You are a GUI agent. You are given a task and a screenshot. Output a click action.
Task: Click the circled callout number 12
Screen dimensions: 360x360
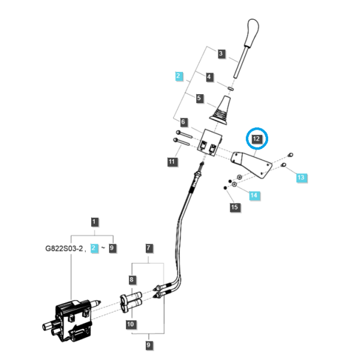pos(256,139)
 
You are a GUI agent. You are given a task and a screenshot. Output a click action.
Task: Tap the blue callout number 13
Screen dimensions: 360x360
pos(301,177)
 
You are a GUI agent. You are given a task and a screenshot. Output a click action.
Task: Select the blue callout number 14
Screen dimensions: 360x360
pos(254,195)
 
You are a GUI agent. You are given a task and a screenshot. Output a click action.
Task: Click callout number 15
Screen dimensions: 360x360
pos(235,207)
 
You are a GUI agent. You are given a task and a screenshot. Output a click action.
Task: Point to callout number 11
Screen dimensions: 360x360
pos(172,161)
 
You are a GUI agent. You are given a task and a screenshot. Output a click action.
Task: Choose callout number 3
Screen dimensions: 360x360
pos(221,53)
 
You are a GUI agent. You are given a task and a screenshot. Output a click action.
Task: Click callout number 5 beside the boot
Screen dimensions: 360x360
pos(199,98)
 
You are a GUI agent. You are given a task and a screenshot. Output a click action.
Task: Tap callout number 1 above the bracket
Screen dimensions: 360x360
pos(94,222)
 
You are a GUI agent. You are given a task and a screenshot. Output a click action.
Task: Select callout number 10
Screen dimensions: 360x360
pos(130,324)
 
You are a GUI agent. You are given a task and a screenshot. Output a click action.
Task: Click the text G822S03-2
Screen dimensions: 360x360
pos(64,248)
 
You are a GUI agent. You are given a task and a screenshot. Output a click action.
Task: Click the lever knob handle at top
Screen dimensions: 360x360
pos(252,33)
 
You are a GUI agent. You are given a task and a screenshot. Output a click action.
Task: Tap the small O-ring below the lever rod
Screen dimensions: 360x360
pos(230,88)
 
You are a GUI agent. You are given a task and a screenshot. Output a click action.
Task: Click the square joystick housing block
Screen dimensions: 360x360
pos(210,143)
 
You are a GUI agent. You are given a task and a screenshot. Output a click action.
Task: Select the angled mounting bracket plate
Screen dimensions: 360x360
pos(251,164)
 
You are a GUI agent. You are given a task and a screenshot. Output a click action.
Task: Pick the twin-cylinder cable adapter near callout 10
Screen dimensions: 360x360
pos(131,302)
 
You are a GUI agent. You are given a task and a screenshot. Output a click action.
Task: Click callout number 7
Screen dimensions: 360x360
pos(149,248)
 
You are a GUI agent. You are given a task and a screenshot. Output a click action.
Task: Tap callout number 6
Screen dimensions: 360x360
pos(183,122)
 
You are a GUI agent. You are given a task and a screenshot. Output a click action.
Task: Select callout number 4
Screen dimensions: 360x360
pos(209,77)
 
